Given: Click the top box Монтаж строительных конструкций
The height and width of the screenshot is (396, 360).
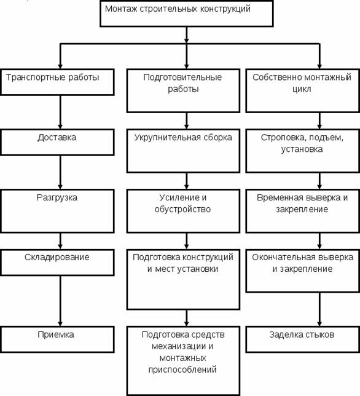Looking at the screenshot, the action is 186,14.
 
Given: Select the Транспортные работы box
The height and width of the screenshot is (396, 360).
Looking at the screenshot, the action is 57,82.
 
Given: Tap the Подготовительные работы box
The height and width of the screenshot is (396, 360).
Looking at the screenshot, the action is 184,90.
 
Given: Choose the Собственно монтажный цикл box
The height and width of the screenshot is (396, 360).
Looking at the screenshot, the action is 302,90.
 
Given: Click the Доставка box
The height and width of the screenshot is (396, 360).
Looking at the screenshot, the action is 57,142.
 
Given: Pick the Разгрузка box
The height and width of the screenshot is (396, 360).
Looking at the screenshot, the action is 57,211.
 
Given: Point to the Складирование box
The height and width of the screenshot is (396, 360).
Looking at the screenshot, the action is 57,263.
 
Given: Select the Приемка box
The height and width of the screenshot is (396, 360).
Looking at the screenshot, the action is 57,339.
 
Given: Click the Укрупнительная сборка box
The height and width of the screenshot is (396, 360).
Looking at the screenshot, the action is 184,151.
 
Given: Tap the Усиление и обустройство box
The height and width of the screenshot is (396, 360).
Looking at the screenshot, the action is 184,211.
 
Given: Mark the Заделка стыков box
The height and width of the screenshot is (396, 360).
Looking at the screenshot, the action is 302,339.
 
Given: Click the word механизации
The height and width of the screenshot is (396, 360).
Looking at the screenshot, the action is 179,346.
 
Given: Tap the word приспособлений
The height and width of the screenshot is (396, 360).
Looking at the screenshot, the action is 182,370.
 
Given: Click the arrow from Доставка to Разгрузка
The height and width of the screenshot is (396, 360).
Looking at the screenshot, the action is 60,172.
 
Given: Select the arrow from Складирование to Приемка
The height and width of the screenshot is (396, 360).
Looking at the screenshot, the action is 60,301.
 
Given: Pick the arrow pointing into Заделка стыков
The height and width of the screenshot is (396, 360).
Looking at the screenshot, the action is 319,309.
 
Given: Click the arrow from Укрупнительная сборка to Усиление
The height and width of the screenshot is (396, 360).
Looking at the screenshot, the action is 186,181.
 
